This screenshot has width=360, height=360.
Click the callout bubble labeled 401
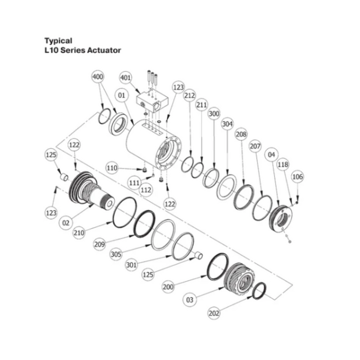tap(125, 77)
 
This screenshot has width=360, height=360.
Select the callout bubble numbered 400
tap(98, 77)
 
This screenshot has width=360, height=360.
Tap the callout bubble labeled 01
tap(121, 95)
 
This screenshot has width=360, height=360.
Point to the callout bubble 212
tap(190, 95)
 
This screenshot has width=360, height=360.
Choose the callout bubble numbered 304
tap(227, 124)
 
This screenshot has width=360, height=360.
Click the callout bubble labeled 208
tap(241, 134)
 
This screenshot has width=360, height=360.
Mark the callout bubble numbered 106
tap(297, 177)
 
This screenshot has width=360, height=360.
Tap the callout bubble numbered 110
tap(113, 168)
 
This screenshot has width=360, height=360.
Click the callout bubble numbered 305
tap(117, 254)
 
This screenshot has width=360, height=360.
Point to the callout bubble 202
tap(214, 312)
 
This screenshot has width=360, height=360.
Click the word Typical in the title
tap(58, 41)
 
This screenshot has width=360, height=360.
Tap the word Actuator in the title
tap(104, 50)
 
